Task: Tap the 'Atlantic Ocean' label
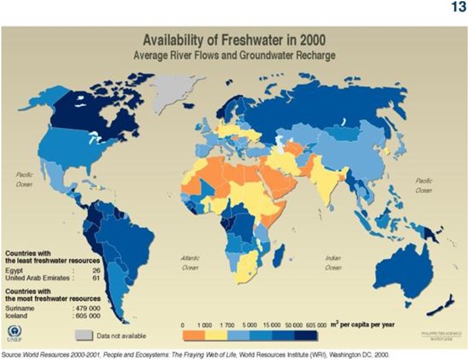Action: (x=190, y=263)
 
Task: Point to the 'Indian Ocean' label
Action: (x=333, y=263)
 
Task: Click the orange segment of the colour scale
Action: (x=193, y=335)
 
